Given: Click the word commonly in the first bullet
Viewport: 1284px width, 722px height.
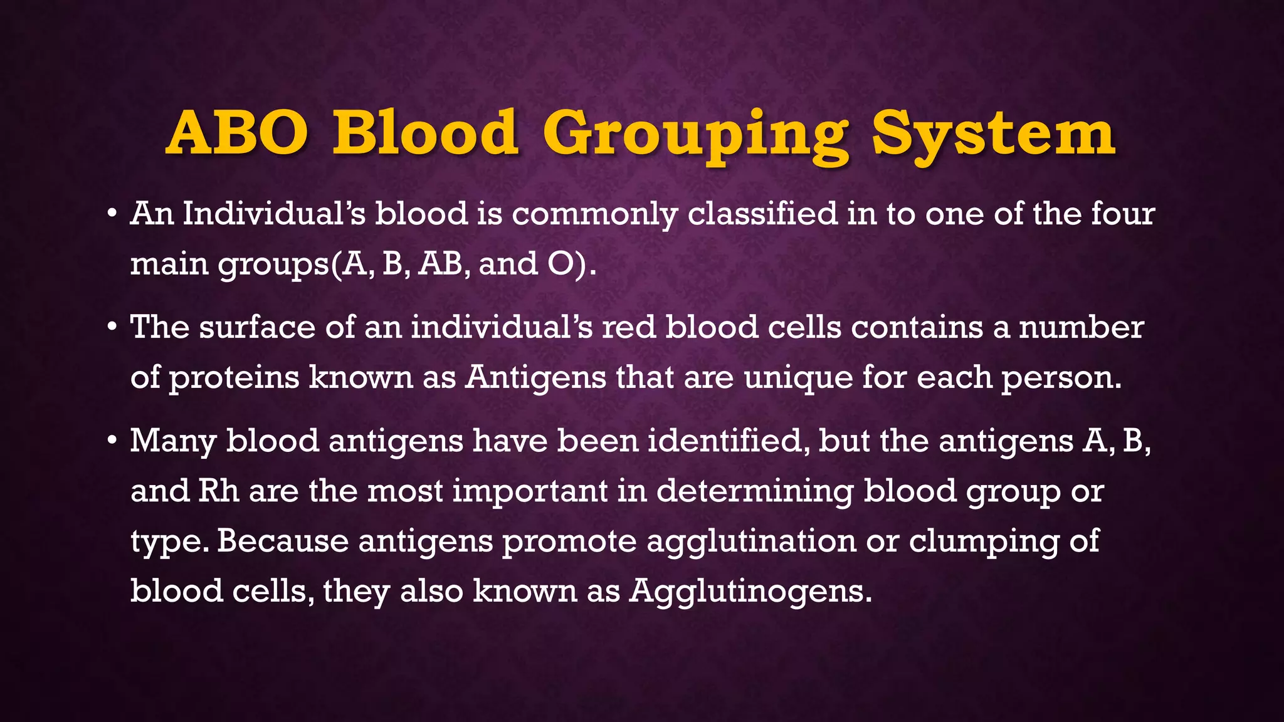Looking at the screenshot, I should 594,214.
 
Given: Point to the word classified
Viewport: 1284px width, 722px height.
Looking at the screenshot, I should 762,214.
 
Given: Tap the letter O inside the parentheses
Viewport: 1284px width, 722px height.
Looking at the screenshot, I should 561,264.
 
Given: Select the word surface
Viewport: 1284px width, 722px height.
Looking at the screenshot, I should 257,327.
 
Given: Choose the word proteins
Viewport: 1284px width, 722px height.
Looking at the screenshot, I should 233,378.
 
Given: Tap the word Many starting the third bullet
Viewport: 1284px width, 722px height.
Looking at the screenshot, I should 173,441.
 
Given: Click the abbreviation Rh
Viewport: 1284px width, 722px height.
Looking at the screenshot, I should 219,491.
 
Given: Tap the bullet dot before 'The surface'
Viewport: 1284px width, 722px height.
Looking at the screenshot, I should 112,327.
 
